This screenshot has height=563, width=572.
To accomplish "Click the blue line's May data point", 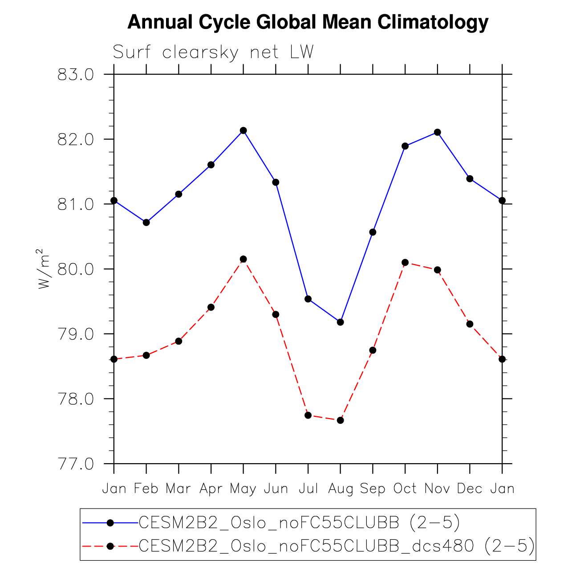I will tap(243, 131).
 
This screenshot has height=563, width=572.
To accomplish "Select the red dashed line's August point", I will tap(341, 420).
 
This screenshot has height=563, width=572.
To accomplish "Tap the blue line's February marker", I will tap(146, 222).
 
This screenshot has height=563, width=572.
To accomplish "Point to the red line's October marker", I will tap(405, 263).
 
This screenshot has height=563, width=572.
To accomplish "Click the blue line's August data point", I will tap(341, 322).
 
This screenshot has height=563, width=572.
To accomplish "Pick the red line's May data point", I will tap(243, 259).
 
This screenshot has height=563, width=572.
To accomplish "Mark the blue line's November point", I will tap(438, 132).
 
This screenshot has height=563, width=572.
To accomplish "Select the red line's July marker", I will tap(308, 415).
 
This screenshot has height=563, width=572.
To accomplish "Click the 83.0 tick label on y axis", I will tap(76, 74).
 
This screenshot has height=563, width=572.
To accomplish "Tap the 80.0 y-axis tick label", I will tap(76, 269).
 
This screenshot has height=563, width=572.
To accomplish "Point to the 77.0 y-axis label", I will tap(76, 464).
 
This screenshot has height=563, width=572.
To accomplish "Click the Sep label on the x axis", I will tap(373, 489).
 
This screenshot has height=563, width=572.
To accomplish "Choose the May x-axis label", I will tap(243, 489).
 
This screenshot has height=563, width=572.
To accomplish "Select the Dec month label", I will tap(470, 489).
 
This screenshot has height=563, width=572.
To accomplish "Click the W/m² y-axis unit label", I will tap(45, 269).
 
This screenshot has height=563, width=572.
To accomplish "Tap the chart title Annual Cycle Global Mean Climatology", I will tap(308, 22).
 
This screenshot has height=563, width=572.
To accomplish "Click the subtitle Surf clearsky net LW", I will tap(213, 53).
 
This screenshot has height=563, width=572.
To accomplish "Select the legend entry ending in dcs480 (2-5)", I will tap(337, 546).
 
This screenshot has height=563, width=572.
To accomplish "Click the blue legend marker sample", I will tap(110, 523).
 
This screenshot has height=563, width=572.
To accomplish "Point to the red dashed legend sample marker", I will tap(110, 546).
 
